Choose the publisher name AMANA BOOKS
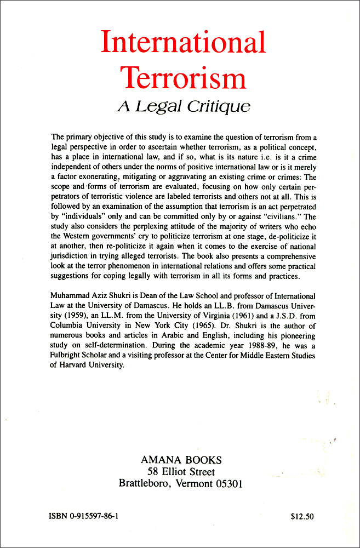(180, 460)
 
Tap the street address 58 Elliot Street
(181, 472)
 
